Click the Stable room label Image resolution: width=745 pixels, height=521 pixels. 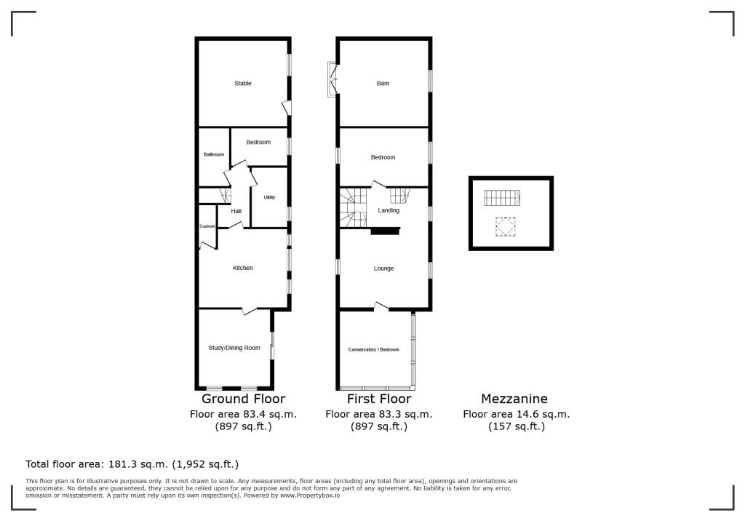(x=243, y=84)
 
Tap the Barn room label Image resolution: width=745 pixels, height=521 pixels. (x=383, y=84)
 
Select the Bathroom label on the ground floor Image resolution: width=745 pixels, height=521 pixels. (x=213, y=154)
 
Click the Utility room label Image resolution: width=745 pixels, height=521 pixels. (x=269, y=197)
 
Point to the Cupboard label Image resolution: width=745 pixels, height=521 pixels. (x=208, y=226)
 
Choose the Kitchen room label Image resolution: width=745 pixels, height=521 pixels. (x=242, y=269)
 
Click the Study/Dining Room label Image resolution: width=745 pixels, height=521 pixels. (x=234, y=348)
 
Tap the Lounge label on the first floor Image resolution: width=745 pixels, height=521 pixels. (x=383, y=269)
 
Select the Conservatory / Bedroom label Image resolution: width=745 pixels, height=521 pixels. (x=373, y=350)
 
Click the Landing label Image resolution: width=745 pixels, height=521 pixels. (x=388, y=211)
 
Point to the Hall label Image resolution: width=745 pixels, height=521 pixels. (x=236, y=212)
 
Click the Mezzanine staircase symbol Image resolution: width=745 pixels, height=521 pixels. (x=503, y=198)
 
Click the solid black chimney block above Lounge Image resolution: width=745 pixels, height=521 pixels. (x=386, y=231)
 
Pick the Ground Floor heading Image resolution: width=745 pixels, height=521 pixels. (x=243, y=399)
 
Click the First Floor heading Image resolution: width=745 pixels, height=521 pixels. (x=378, y=399)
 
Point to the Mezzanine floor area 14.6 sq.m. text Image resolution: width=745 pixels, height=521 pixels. (x=516, y=414)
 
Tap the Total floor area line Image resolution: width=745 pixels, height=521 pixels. (x=132, y=464)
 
